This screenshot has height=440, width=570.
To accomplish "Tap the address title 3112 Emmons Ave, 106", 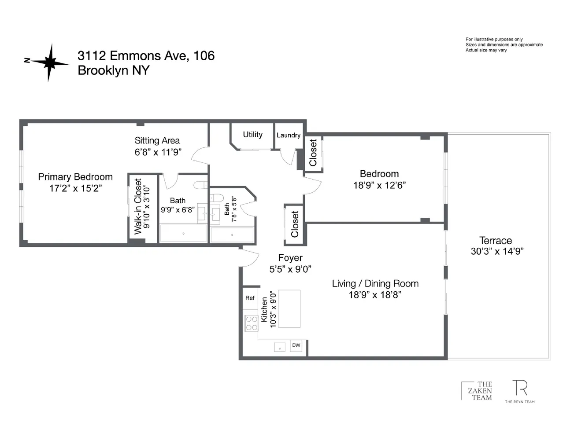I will [146, 55].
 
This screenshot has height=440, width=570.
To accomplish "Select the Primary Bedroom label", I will [75, 177].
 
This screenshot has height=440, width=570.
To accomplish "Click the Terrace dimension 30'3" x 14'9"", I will [497, 251].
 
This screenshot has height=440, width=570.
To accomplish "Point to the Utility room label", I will [252, 135].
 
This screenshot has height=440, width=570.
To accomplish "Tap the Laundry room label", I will [289, 135].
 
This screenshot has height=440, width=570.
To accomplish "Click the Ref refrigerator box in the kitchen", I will [250, 298].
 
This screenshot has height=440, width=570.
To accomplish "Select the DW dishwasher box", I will [296, 345].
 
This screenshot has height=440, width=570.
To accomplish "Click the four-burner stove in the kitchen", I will [252, 323].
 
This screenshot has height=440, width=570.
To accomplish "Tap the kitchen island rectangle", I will [289, 308].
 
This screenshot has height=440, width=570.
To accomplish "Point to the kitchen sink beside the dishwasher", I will [280, 347].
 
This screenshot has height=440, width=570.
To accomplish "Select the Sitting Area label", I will [157, 141].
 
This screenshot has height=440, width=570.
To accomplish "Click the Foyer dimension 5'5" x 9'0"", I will [290, 269].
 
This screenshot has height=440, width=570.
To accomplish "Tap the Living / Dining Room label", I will [375, 284].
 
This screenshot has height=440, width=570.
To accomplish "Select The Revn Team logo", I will [520, 391].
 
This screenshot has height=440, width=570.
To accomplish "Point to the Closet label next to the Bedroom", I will [313, 153].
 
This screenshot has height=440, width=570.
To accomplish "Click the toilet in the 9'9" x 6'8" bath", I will [200, 185].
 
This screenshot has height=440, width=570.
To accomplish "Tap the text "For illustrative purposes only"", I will [494, 39].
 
